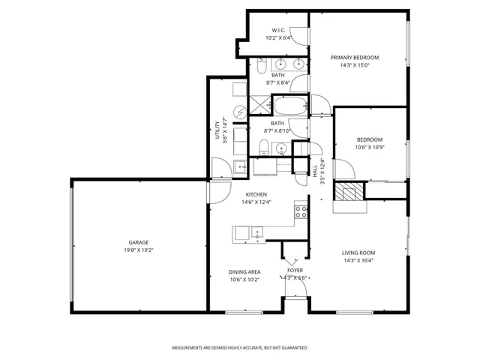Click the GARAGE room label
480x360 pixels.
point(138,242)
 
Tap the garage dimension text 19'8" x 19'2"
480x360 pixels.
point(138,250)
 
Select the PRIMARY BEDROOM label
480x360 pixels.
point(355,58)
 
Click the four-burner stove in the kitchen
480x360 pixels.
point(301,211)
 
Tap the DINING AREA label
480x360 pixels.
point(244,272)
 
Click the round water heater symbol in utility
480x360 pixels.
point(239,112)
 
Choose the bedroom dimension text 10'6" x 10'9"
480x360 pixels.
point(369,147)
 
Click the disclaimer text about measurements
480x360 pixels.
point(240,348)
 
